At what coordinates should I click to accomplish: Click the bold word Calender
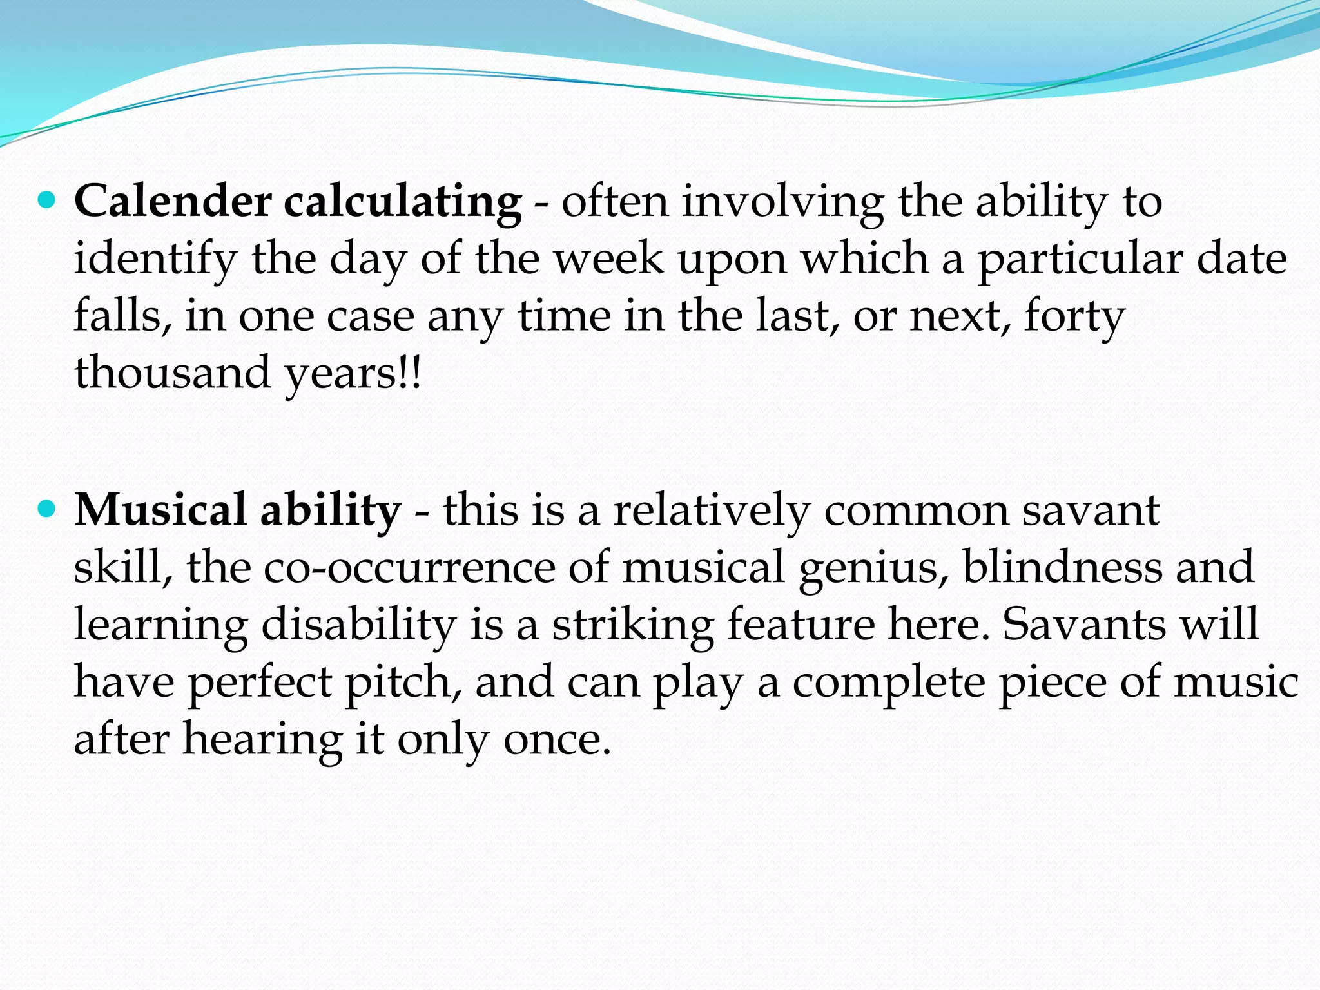coord(173,202)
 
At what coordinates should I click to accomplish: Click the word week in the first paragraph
coord(609,259)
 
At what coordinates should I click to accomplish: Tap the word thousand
coord(172,373)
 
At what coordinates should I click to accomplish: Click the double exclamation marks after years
coord(410,373)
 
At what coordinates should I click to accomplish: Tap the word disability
coord(358,625)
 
